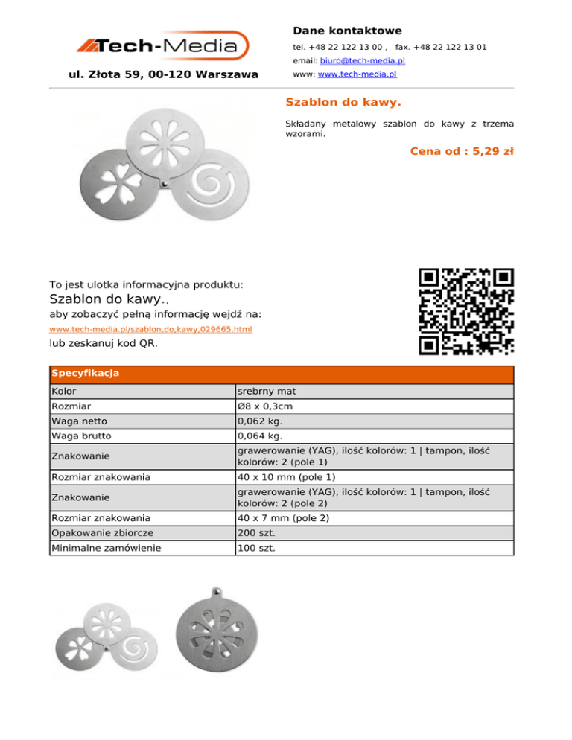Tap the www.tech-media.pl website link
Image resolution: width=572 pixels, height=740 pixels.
point(357,75)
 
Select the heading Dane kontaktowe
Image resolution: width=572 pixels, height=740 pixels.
point(347,31)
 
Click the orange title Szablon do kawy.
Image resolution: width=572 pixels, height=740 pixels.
point(343,101)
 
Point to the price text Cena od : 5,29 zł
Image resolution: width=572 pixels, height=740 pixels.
point(462,151)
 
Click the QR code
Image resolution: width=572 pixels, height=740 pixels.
point(466,311)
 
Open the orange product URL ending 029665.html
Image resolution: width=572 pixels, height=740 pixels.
point(150,329)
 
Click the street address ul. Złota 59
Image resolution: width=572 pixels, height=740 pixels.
point(163,74)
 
